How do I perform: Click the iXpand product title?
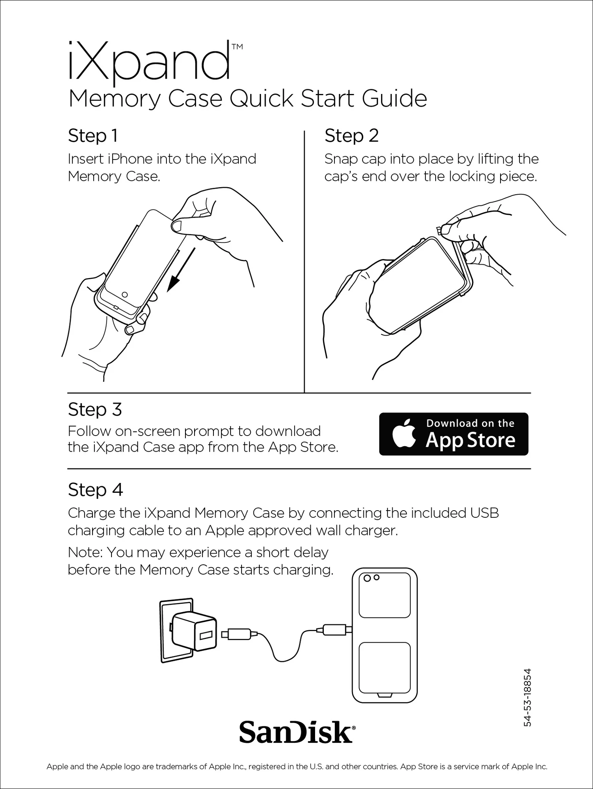click(149, 62)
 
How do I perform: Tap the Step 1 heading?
click(93, 136)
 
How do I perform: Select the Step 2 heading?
click(351, 136)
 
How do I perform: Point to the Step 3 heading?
click(95, 410)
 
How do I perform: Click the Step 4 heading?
click(95, 490)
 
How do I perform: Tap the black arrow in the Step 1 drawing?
click(181, 270)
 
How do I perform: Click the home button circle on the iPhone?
click(125, 295)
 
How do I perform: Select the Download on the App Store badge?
click(453, 434)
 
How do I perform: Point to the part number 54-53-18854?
click(527, 697)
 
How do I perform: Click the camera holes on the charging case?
click(372, 578)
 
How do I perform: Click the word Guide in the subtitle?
click(394, 99)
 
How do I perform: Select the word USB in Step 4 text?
click(484, 513)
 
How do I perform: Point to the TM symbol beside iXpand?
click(237, 47)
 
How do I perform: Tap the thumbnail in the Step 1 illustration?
click(177, 226)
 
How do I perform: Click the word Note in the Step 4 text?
click(85, 552)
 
